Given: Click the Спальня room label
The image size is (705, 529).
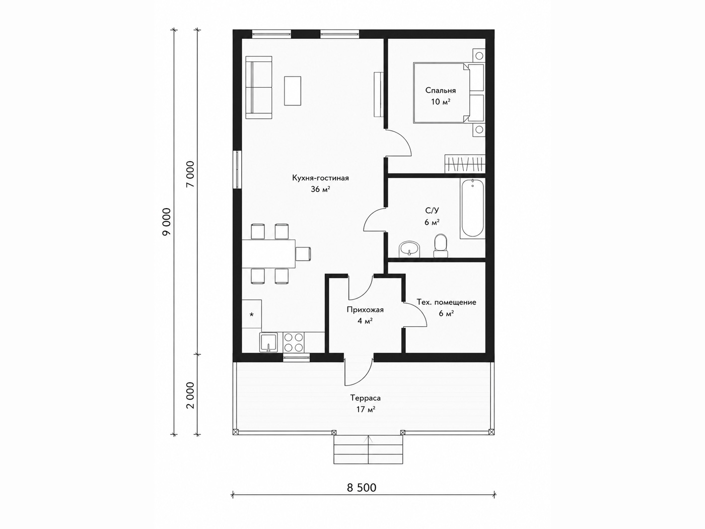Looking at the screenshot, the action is [440, 90].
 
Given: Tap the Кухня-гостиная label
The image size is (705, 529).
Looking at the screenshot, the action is [320, 178].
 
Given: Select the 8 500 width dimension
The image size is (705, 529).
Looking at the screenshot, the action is [362, 488].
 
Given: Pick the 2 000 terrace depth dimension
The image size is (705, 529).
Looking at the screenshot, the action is [190, 395].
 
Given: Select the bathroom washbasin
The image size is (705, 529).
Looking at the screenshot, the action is [409, 249].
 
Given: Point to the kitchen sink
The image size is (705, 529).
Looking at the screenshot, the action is [268, 343].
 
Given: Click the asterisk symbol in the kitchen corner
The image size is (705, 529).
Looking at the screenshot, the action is [251, 314].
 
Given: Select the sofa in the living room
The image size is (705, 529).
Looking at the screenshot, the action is [259, 87].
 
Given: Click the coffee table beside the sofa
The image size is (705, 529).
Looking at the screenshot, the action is [293, 91].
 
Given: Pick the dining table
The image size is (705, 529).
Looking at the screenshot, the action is [268, 254].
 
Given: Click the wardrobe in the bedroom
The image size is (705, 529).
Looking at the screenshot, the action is [465, 164].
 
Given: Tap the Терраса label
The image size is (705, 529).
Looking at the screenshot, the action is [365, 398].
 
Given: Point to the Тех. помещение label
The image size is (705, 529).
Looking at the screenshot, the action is [447, 302].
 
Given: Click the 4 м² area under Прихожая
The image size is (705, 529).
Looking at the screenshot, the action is [365, 321].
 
